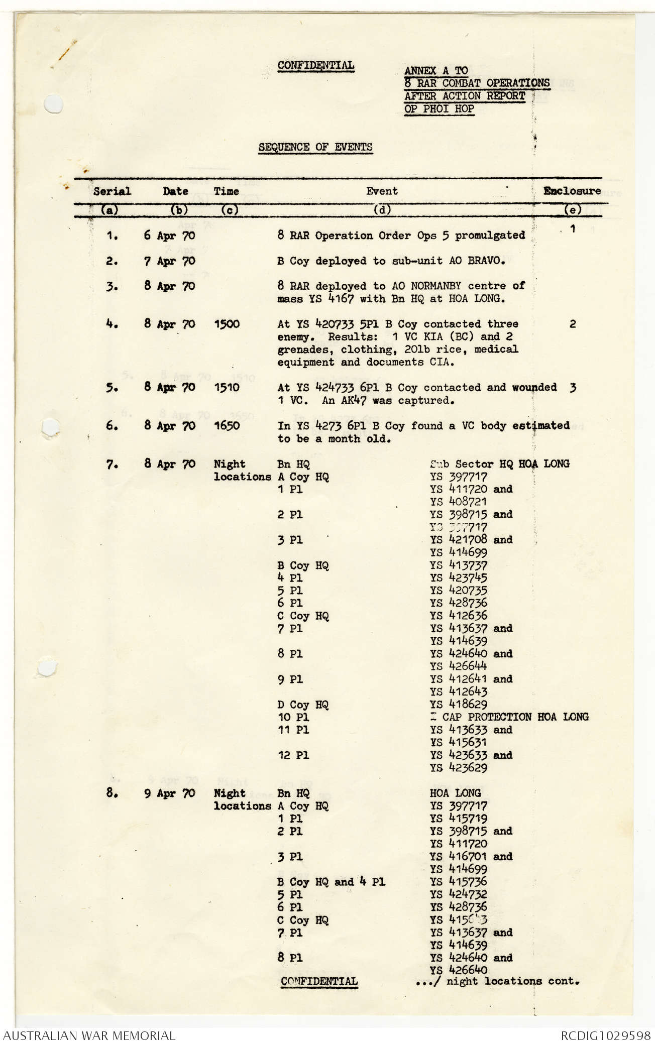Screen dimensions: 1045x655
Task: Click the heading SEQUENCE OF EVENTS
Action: click(x=315, y=147)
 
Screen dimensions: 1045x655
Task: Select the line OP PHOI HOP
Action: click(x=439, y=108)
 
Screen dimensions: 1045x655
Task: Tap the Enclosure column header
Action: click(x=572, y=191)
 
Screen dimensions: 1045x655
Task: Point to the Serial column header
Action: click(x=112, y=191)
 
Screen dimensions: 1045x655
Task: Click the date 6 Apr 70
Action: click(x=169, y=236)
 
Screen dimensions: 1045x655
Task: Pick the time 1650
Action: click(x=227, y=426)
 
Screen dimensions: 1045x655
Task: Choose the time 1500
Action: click(x=227, y=324)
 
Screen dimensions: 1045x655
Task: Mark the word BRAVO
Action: click(x=494, y=261)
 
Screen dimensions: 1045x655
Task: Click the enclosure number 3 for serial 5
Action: click(x=573, y=388)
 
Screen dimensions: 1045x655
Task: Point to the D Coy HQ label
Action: click(x=303, y=705)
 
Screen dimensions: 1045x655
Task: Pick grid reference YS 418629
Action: click(x=458, y=705)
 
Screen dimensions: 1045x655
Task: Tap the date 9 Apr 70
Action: click(x=170, y=794)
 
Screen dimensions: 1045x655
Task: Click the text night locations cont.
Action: click(x=512, y=981)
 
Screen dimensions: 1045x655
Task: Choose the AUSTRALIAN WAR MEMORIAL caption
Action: click(x=89, y=1035)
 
